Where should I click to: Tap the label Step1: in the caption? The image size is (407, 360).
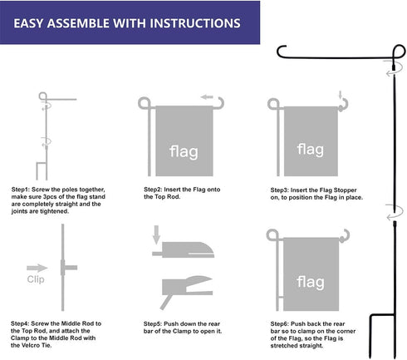pyautogui.click(x=23, y=189)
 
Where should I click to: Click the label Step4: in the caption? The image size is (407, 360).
pyautogui.click(x=23, y=321)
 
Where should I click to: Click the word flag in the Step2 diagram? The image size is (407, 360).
pyautogui.click(x=184, y=152)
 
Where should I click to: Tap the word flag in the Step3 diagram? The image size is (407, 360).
pyautogui.click(x=310, y=150)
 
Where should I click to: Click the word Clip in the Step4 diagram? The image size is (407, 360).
pyautogui.click(x=35, y=279)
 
